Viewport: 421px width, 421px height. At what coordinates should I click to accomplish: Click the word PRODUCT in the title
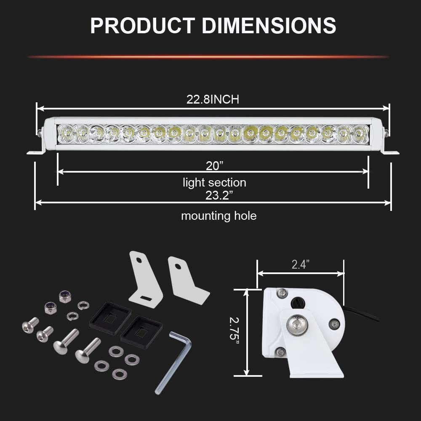[142, 26]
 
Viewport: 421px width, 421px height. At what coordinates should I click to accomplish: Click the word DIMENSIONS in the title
[269, 26]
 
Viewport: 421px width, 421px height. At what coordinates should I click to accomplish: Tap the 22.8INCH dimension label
[213, 99]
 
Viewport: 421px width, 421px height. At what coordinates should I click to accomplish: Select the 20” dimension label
[215, 165]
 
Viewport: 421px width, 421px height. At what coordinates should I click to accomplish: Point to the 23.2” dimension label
[217, 195]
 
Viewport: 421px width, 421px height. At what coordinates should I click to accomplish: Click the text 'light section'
[215, 183]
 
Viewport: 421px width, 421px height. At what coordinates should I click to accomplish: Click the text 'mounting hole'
[219, 216]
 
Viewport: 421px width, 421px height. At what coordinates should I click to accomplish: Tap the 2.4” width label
[301, 264]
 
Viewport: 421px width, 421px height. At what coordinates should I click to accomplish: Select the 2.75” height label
[234, 332]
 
